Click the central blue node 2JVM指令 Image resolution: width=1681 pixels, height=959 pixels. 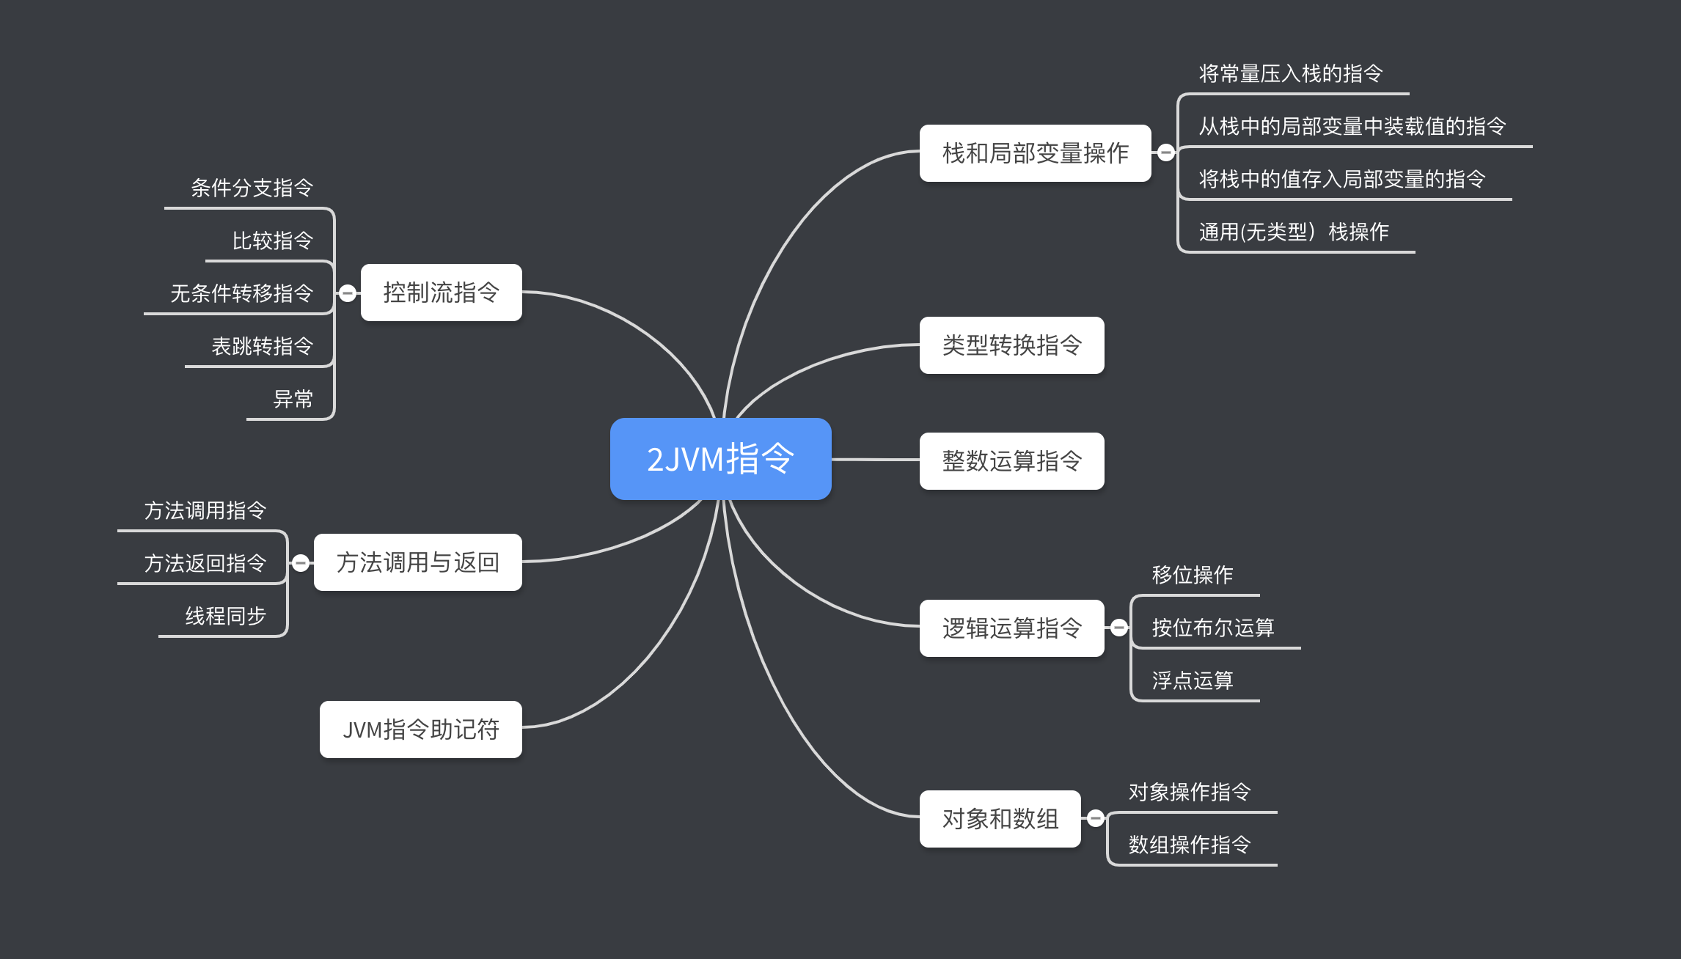click(x=720, y=459)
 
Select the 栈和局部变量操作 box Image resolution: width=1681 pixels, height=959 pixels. click(x=1035, y=153)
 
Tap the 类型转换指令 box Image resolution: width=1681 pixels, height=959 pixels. click(x=1011, y=345)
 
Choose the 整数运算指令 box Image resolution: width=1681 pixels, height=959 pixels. click(x=1011, y=460)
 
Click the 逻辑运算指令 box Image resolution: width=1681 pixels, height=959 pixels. click(x=1011, y=628)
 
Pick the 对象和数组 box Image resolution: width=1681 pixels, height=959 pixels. click(x=1000, y=818)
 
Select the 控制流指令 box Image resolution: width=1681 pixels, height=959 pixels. click(x=441, y=292)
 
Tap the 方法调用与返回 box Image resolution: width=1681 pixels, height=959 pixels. click(x=417, y=562)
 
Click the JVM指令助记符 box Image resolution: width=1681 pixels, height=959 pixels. click(x=420, y=729)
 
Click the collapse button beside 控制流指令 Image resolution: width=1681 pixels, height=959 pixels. click(x=348, y=293)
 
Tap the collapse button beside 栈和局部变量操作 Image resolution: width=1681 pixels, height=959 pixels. click(x=1165, y=153)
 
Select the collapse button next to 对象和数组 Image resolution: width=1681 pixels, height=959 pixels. click(x=1095, y=818)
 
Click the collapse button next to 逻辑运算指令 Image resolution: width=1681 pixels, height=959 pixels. click(x=1118, y=628)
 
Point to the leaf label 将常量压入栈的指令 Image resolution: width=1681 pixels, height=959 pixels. click(x=1291, y=73)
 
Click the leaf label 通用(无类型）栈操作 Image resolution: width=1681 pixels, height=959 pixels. click(x=1294, y=232)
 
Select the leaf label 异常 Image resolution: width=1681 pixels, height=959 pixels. click(x=293, y=399)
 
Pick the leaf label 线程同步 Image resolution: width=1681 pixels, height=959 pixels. click(x=226, y=616)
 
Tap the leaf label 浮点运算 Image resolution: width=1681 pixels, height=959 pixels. click(x=1193, y=680)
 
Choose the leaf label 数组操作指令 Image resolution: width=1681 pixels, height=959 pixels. click(x=1190, y=845)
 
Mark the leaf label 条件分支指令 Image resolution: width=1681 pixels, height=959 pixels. click(x=252, y=188)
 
